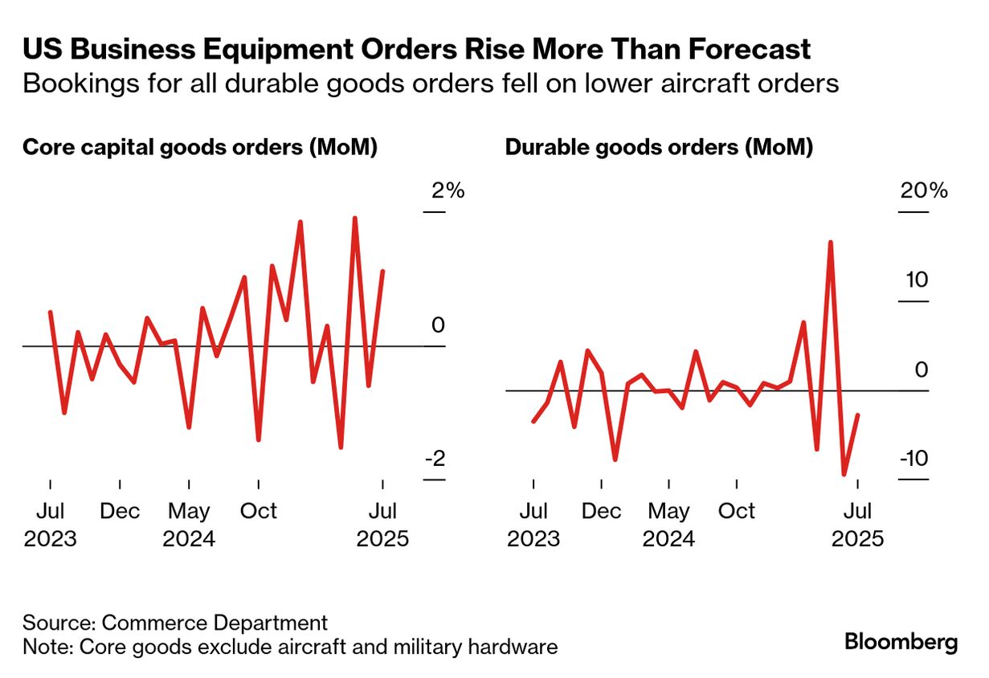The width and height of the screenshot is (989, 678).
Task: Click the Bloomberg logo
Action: coord(901,643)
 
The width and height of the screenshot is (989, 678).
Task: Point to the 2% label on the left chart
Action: coord(448,191)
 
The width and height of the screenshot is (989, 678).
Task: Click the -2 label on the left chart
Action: coord(435,459)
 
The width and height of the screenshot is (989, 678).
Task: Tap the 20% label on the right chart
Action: coord(922,191)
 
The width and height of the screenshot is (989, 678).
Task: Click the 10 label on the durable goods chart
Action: coord(916,280)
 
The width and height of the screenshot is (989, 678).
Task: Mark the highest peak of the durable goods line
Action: coord(830,242)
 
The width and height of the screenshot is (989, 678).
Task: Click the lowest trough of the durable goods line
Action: coord(844,475)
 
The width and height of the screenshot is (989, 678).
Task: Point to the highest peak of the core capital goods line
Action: coord(354,218)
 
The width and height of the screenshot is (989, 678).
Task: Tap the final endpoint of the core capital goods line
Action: coord(383,272)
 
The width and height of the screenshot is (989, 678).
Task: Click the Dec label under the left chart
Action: coord(120,511)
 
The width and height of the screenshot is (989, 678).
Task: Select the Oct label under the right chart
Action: coord(737,511)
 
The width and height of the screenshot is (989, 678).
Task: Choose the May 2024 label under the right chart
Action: coord(669,524)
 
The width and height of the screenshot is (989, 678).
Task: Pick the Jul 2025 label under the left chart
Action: coord(382,524)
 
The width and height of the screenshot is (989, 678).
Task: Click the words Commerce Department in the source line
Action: coord(215,623)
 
